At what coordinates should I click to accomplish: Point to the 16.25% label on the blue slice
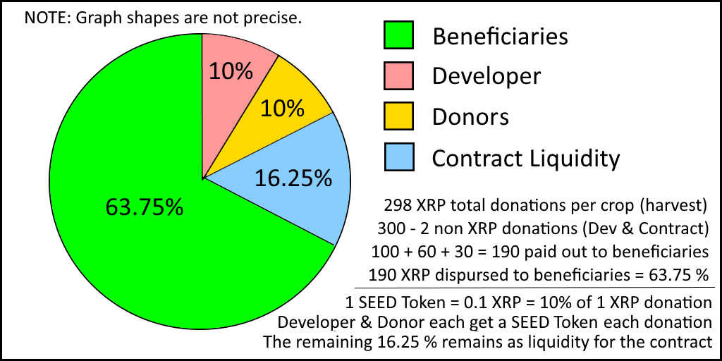(x=293, y=178)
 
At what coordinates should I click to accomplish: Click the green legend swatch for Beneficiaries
(x=398, y=35)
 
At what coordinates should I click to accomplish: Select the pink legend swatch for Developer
(x=398, y=75)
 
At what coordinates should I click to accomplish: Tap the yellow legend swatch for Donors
(x=398, y=116)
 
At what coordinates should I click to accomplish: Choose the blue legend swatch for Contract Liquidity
(x=398, y=157)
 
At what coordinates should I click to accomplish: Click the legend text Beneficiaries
(x=500, y=35)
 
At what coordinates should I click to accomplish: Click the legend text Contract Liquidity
(x=525, y=158)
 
